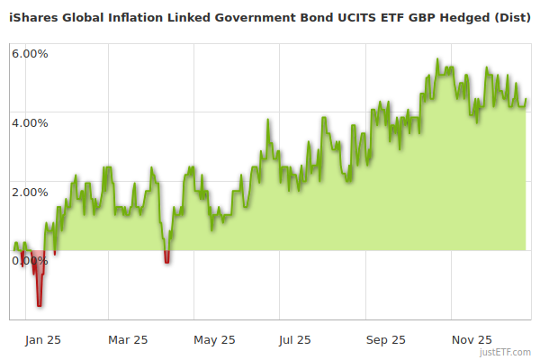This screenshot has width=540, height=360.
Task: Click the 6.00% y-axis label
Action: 30,53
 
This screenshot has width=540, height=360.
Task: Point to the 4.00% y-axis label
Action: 30,122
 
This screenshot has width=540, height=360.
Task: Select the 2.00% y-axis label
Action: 30,192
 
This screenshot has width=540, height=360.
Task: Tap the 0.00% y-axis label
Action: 30,261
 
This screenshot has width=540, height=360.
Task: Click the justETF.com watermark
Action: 506,353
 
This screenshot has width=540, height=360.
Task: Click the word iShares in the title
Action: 36,16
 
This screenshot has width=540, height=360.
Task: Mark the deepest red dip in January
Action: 39,304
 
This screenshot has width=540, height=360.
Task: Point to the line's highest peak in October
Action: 437,60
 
